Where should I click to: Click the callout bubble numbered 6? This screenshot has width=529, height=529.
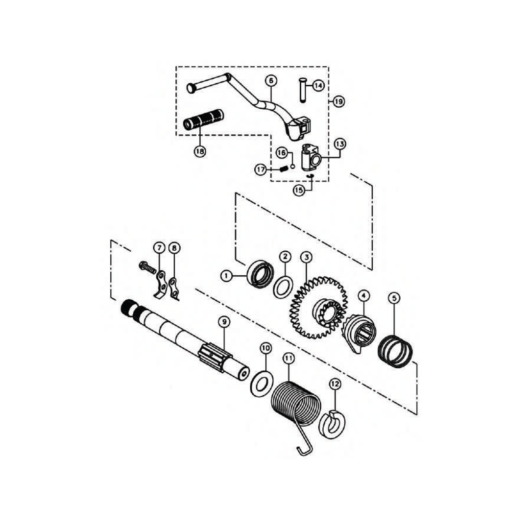[271, 80]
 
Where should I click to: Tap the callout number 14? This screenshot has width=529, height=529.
[318, 85]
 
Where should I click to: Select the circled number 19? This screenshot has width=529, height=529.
[338, 101]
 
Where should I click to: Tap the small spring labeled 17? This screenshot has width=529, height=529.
[284, 169]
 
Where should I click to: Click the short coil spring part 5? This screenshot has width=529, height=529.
[396, 350]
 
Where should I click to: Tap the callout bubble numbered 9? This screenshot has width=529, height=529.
[223, 322]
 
